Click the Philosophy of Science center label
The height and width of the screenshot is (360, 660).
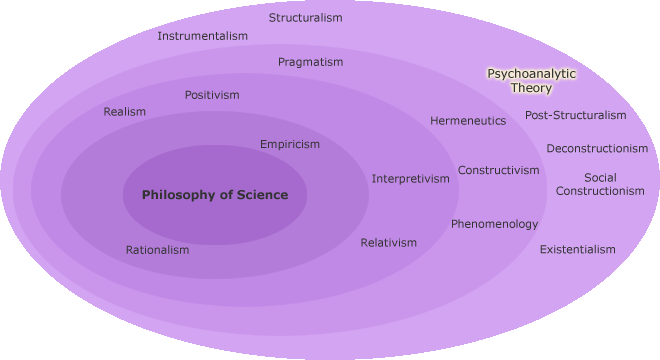pos(215,195)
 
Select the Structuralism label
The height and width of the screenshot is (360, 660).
pos(305,18)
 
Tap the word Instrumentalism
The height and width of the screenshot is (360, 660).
pos(202,36)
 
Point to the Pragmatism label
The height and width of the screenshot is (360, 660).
pos(310,62)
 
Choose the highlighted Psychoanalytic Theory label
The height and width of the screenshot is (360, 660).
pos(531,81)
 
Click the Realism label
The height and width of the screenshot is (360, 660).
pos(124,112)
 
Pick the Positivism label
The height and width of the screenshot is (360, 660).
pos(212,95)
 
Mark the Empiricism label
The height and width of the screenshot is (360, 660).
pos(290,144)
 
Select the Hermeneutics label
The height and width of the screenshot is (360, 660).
pos(468,121)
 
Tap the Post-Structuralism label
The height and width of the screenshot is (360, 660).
pos(575,115)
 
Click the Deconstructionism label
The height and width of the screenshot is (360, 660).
pos(597,149)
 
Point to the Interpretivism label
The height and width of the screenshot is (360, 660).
pos(411,179)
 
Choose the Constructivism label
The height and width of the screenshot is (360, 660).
pos(498,170)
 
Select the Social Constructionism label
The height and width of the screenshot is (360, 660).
pos(600,184)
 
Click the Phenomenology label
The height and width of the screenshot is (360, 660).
pos(494,224)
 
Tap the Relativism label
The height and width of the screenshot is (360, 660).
pos(389,243)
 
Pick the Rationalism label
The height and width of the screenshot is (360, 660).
pos(157,250)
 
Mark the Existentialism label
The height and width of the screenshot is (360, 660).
pos(578,249)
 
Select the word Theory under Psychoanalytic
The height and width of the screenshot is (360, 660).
pos(531,88)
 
